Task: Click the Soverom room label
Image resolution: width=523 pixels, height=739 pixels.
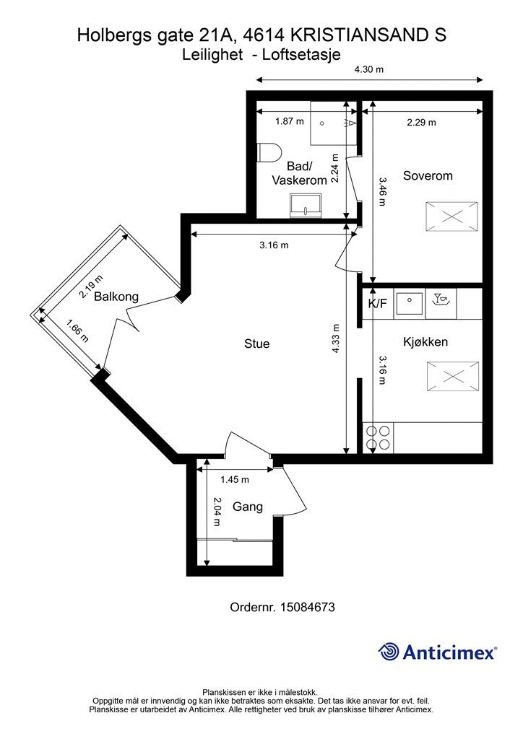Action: pyautogui.click(x=427, y=176)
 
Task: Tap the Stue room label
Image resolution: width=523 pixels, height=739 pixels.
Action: pyautogui.click(x=256, y=344)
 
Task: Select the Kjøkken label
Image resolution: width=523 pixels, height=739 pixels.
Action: pyautogui.click(x=425, y=341)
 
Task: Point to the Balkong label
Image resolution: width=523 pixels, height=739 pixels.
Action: pyautogui.click(x=116, y=297)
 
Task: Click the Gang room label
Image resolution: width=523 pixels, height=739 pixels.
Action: pyautogui.click(x=248, y=507)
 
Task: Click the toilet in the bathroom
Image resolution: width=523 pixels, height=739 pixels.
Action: pyautogui.click(x=269, y=153)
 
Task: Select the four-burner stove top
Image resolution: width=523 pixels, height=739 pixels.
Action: pyautogui.click(x=378, y=438)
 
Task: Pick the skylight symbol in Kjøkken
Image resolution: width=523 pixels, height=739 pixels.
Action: pyautogui.click(x=452, y=376)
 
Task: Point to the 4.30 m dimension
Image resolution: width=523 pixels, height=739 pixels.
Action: pyautogui.click(x=369, y=69)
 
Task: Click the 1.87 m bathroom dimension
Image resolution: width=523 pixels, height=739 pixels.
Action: pyautogui.click(x=290, y=121)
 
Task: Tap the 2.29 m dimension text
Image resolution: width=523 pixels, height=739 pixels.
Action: pyautogui.click(x=421, y=123)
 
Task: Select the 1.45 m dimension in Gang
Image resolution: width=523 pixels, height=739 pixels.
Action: pyautogui.click(x=234, y=480)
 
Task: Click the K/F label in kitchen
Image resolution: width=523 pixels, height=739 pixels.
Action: pyautogui.click(x=377, y=304)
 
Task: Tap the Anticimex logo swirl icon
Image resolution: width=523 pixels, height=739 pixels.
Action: pyautogui.click(x=389, y=652)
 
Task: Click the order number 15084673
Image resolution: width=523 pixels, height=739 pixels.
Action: pyautogui.click(x=308, y=607)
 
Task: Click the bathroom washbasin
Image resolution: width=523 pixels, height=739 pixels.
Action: pyautogui.click(x=306, y=206)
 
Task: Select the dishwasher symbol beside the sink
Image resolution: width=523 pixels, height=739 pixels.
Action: pyautogui.click(x=441, y=304)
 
